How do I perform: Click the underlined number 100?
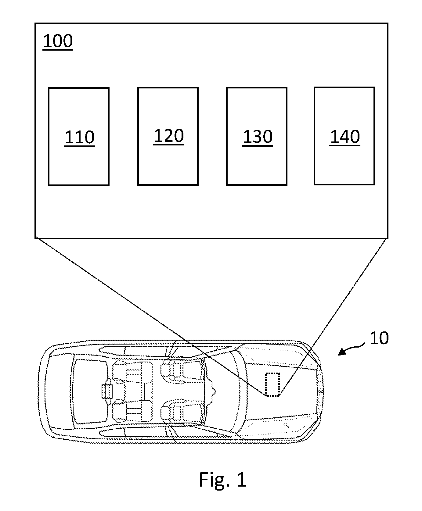point(58,41)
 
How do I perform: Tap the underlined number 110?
point(79,138)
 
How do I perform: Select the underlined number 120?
point(169,136)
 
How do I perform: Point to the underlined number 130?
point(257,137)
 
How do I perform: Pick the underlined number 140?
point(345,137)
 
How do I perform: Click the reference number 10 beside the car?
point(379,338)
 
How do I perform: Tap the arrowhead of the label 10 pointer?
point(342,352)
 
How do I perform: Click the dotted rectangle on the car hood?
point(272,384)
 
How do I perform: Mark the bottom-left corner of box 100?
point(35,238)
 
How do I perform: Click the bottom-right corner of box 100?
point(388,238)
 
